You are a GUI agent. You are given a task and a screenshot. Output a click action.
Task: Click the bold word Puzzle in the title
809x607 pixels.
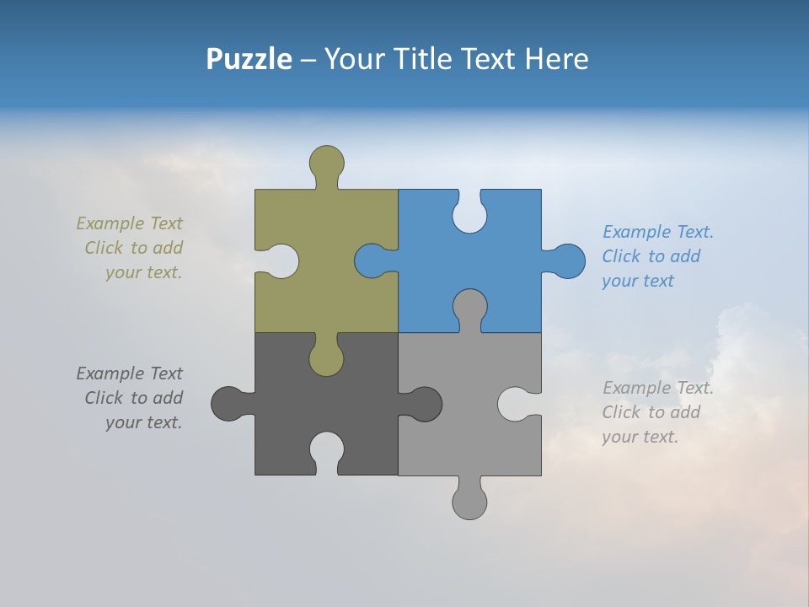tap(249, 59)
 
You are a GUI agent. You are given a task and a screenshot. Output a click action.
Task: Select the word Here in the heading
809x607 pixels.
tap(556, 59)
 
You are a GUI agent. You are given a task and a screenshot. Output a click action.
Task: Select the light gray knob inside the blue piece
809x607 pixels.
tap(469, 305)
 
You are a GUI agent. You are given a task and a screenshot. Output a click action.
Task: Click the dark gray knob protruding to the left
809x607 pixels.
tap(228, 404)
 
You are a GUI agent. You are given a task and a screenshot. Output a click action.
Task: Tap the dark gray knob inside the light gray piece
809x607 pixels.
tap(425, 404)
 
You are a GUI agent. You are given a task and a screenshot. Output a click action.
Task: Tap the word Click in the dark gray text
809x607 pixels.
tap(104, 398)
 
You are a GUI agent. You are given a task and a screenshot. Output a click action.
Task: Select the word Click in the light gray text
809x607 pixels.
tap(621, 412)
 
